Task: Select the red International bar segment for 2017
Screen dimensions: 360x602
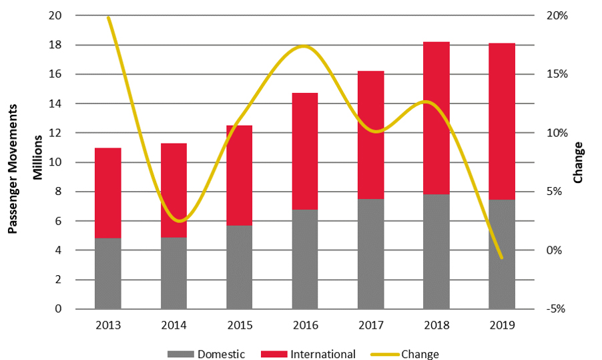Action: [370, 134]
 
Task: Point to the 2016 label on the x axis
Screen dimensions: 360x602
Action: [305, 325]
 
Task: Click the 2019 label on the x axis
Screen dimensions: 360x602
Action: [502, 325]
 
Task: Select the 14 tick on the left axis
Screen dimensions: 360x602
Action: [57, 104]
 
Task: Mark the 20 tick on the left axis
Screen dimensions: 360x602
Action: [57, 15]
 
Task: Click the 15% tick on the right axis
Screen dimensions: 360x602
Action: [555, 74]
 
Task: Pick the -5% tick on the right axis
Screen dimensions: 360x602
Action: [555, 309]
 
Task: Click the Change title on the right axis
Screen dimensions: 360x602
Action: [578, 162]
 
